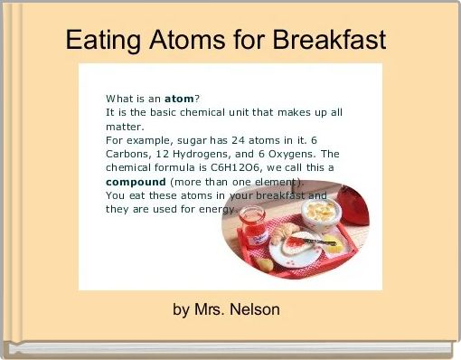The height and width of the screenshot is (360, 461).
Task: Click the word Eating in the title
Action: click(x=99, y=41)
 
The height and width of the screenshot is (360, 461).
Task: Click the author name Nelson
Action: click(x=254, y=309)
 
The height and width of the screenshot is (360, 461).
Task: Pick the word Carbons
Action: click(x=128, y=154)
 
